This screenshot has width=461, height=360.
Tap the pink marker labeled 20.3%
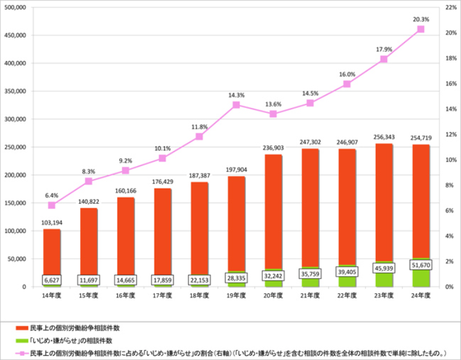[x=421, y=29]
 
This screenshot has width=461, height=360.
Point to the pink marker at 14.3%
[x=236, y=105]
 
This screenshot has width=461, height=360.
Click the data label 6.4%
[x=52, y=195]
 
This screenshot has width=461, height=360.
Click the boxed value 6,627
[x=52, y=280]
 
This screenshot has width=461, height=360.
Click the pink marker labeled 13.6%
[x=273, y=114]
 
